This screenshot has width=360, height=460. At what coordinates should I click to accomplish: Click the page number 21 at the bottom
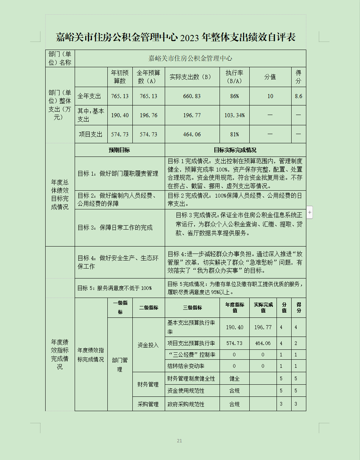coord(179,441)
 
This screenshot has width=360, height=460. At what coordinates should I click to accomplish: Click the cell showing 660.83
coord(192,96)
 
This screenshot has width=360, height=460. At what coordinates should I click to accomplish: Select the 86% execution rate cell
coord(235,96)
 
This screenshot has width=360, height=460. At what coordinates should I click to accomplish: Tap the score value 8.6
coord(298,96)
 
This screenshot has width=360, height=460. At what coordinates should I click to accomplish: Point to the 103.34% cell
coord(235,115)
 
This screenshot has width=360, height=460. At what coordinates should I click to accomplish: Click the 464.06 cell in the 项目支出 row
coord(192,134)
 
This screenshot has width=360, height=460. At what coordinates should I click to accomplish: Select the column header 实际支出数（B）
coord(192,77)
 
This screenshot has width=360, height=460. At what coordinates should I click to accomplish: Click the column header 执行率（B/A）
coord(235,77)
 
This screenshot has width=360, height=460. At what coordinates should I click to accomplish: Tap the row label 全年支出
coord(89,96)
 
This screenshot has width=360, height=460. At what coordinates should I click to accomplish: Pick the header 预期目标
coord(120,150)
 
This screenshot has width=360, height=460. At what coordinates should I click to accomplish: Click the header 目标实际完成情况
coord(235,150)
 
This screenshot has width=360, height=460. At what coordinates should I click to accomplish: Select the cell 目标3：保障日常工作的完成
coord(115,228)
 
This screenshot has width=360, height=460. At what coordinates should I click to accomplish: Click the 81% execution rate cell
coord(235,134)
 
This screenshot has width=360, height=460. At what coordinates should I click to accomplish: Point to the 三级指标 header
coord(192,308)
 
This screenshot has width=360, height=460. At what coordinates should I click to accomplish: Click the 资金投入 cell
coord(148,345)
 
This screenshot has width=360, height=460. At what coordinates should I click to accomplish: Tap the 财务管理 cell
coord(148,384)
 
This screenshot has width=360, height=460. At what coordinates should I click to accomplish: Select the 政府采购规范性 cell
coord(186,404)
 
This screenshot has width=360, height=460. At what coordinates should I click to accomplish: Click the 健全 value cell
coord(235,378)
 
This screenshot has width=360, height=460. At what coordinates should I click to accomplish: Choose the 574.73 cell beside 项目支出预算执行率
coord(235,343)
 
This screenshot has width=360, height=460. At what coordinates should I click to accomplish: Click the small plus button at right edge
coord(310,212)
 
